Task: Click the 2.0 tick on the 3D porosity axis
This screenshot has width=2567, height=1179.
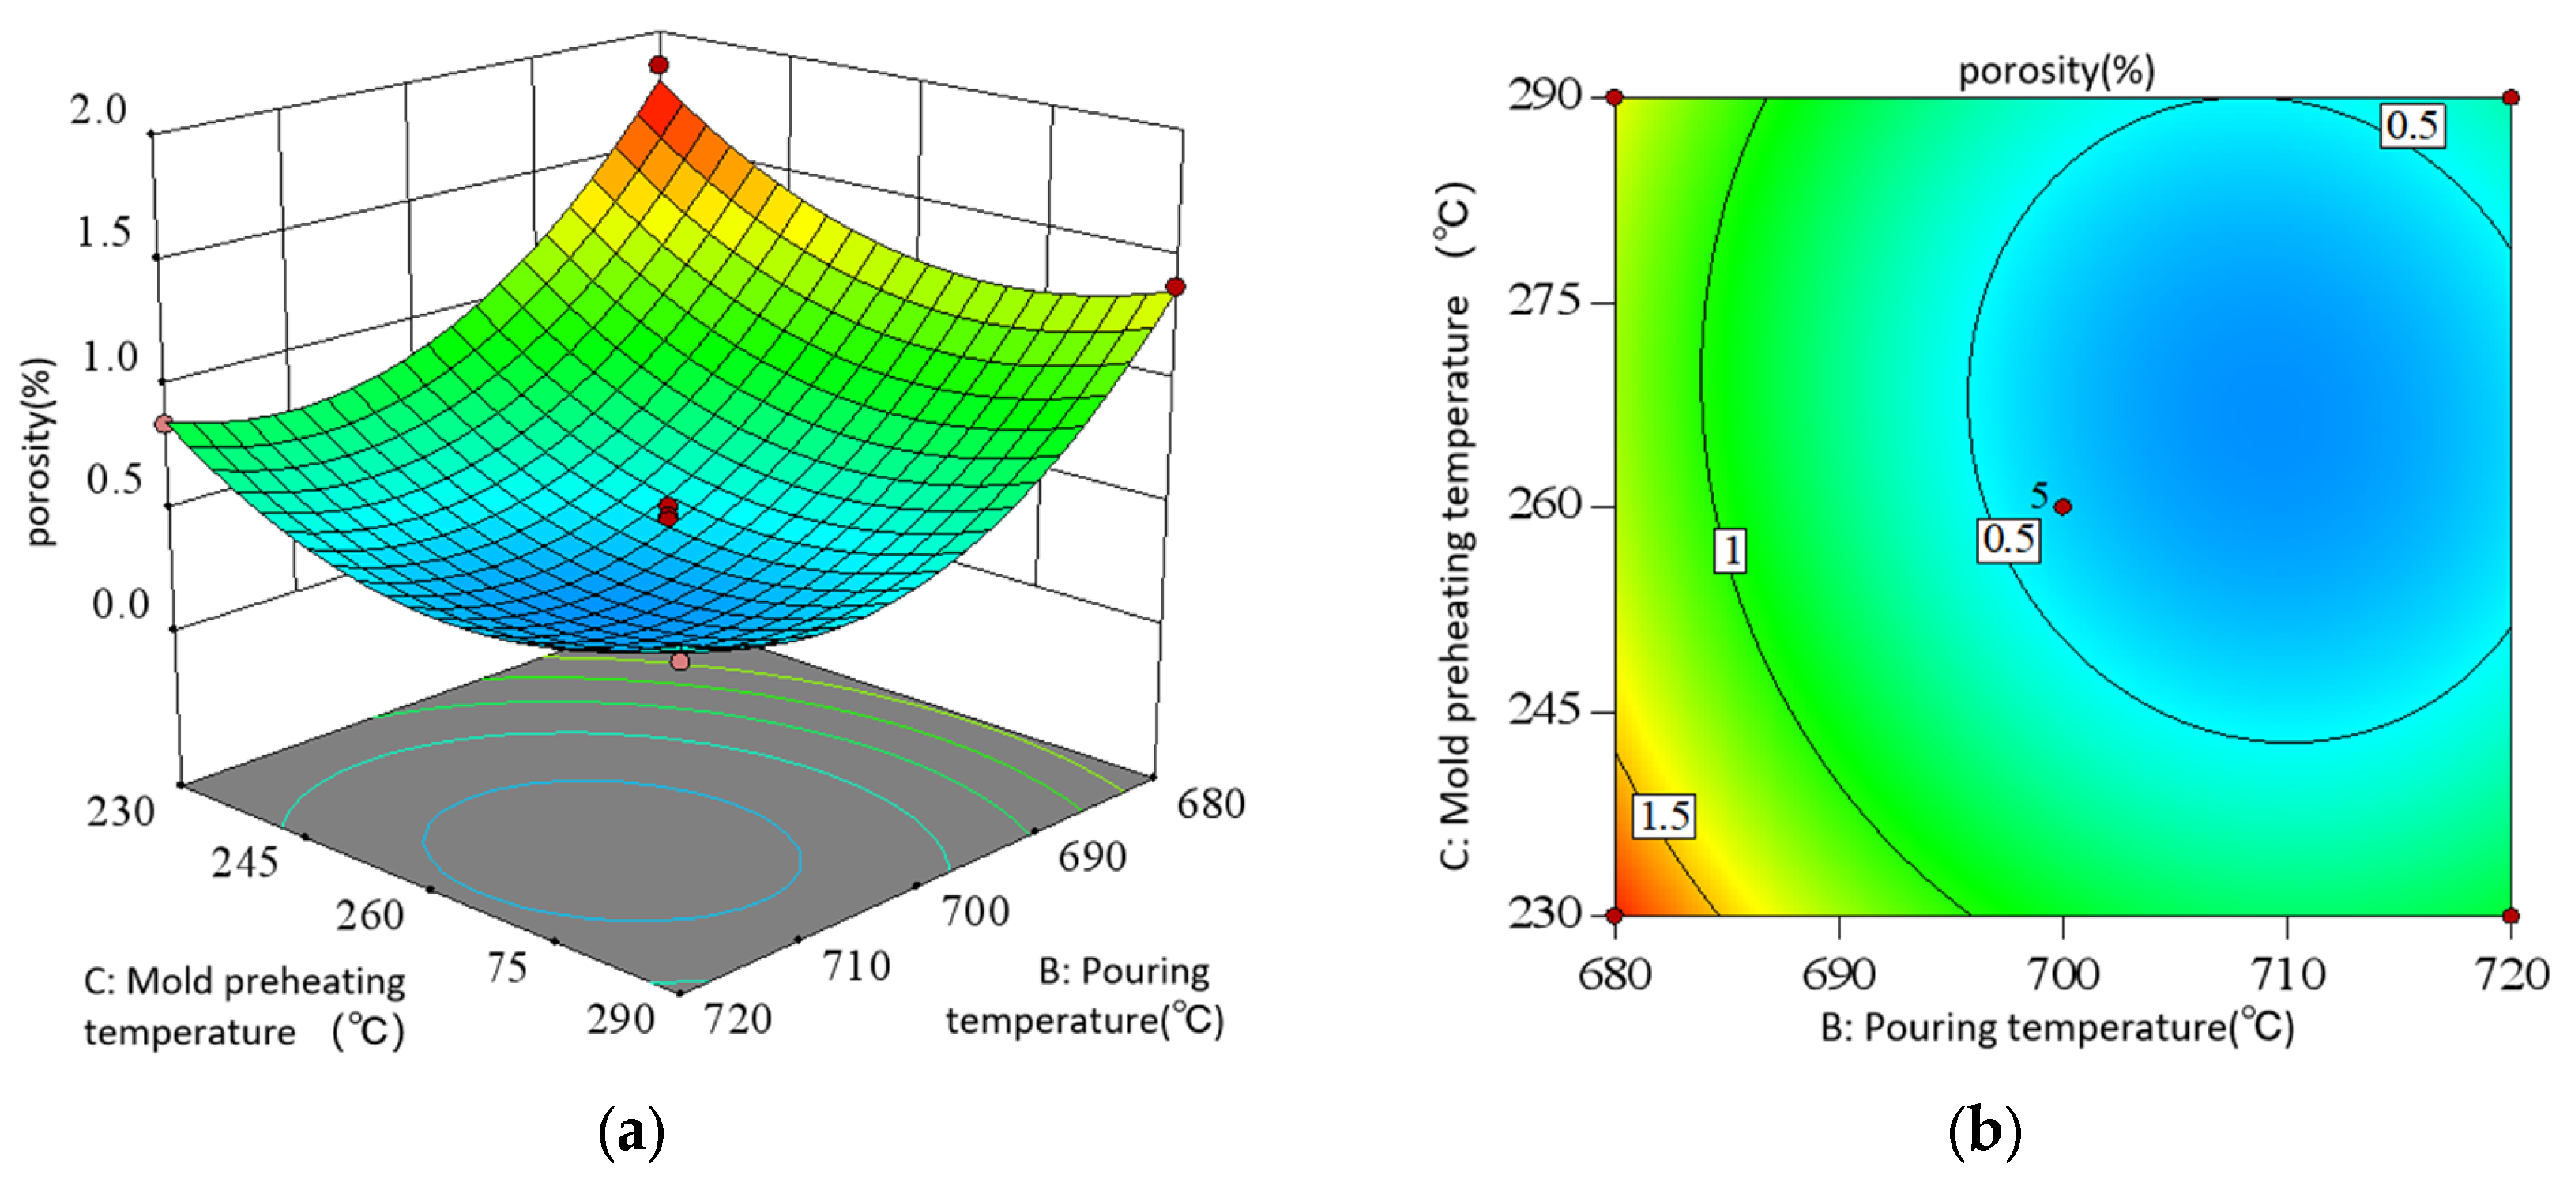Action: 99,110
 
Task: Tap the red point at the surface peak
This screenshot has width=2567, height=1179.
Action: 659,65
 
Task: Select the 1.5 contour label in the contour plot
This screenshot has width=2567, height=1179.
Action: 1664,816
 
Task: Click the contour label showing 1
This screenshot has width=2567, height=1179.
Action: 1731,550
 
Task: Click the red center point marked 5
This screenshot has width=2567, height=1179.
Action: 2063,507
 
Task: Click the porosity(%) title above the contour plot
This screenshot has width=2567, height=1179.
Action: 2057,71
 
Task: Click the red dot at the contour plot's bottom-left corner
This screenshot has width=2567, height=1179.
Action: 1615,915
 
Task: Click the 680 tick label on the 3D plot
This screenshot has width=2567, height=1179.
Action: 1210,804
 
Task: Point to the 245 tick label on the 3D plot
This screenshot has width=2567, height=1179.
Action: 244,862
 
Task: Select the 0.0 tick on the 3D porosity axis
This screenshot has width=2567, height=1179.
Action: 121,604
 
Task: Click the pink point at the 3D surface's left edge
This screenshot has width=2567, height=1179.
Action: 164,424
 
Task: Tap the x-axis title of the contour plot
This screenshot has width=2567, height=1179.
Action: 2057,1027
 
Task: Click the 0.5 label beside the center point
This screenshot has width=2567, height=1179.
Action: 2008,539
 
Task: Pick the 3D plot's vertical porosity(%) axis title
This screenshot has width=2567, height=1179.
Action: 40,450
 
